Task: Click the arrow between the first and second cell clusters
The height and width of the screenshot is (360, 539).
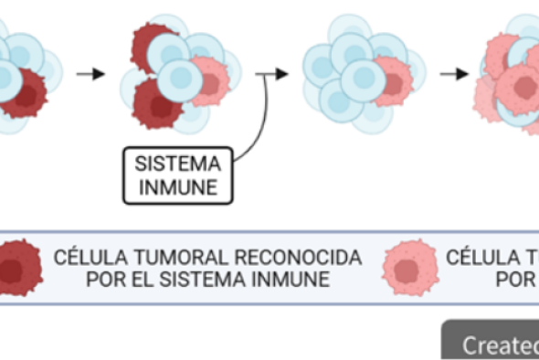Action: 90,72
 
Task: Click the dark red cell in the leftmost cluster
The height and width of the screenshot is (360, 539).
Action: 21,91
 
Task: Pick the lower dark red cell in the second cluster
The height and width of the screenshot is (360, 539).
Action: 156,103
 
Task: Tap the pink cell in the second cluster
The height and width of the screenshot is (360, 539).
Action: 211,82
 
